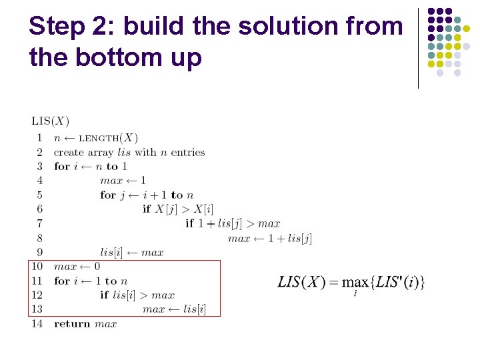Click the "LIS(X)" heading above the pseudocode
pyautogui.click(x=50, y=121)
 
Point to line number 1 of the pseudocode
pyautogui.click(x=39, y=138)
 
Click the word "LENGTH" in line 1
pyautogui.click(x=97, y=139)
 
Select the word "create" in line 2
pyautogui.click(x=69, y=152)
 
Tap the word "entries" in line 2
pyautogui.click(x=187, y=152)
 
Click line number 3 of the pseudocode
pyautogui.click(x=39, y=166)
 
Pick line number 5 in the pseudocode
pyautogui.click(x=39, y=195)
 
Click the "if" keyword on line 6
pyautogui.click(x=147, y=209)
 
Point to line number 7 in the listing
pyautogui.click(x=39, y=223)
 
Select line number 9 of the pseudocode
pyautogui.click(x=39, y=253)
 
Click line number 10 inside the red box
pyautogui.click(x=37, y=267)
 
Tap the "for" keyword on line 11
pyautogui.click(x=62, y=281)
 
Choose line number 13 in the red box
pyautogui.click(x=37, y=309)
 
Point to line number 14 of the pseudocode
pyautogui.click(x=37, y=324)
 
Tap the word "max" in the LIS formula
pyautogui.click(x=354, y=283)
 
